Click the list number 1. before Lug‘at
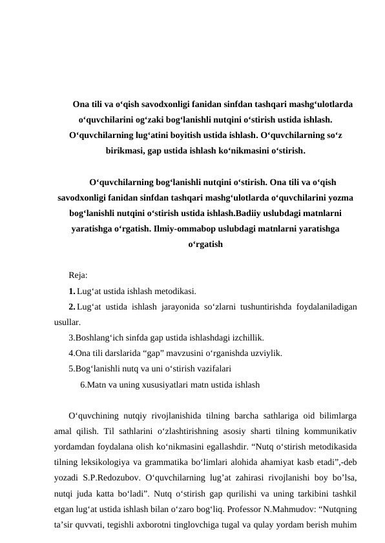(72, 291)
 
